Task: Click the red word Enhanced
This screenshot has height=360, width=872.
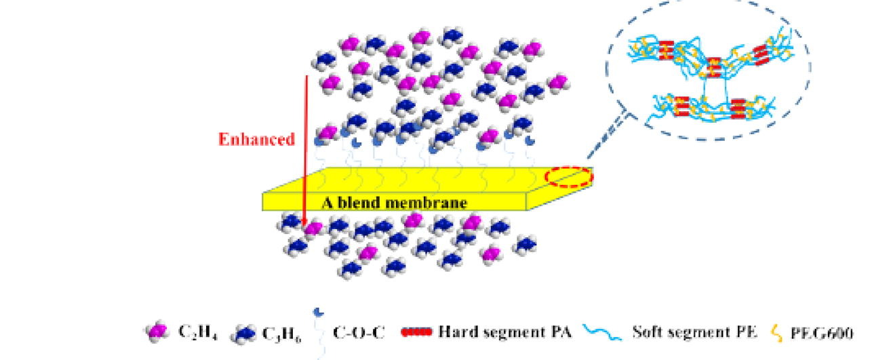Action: tap(256, 140)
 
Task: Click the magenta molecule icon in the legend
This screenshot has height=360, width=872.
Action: tap(157, 332)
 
